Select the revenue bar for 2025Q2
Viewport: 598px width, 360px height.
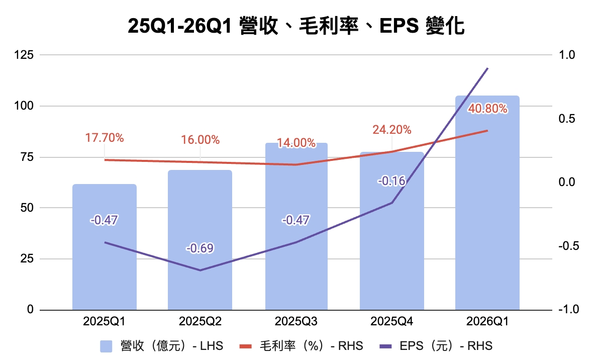click(200, 282)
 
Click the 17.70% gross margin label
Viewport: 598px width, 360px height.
click(104, 137)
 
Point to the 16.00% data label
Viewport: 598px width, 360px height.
click(200, 140)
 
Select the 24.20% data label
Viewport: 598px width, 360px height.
click(392, 130)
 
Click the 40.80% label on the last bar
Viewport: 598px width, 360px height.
click(487, 109)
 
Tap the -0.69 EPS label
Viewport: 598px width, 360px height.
click(200, 248)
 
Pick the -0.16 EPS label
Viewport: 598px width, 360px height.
click(391, 181)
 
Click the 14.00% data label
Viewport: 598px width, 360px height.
click(296, 143)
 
